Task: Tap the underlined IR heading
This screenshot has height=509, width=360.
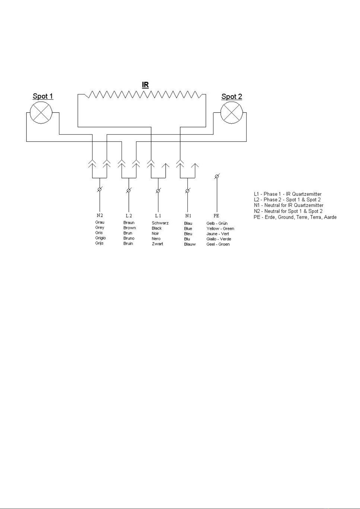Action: tap(145, 85)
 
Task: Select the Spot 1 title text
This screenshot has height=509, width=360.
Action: tap(43, 96)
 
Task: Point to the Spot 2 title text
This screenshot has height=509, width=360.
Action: tap(232, 97)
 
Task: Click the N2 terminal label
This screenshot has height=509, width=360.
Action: tap(100, 215)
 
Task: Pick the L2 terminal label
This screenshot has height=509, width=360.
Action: tap(129, 216)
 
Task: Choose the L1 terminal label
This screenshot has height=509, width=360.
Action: tap(158, 216)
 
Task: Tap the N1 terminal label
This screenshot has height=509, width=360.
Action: tap(188, 216)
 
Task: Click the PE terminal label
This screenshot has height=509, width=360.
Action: tap(216, 215)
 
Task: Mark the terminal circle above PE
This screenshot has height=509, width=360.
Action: tap(217, 176)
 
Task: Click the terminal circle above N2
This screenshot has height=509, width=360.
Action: tap(99, 189)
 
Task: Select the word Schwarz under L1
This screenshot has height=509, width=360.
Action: tap(160, 223)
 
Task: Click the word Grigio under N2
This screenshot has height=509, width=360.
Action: tap(100, 238)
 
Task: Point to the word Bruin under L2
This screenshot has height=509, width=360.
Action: tap(128, 243)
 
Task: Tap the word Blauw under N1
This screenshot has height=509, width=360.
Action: tap(190, 244)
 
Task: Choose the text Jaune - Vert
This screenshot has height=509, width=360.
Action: tap(217, 234)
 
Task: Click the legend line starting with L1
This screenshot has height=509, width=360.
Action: tap(288, 194)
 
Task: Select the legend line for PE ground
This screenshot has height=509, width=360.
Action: tap(295, 217)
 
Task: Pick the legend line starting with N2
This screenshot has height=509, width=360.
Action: tap(288, 211)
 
